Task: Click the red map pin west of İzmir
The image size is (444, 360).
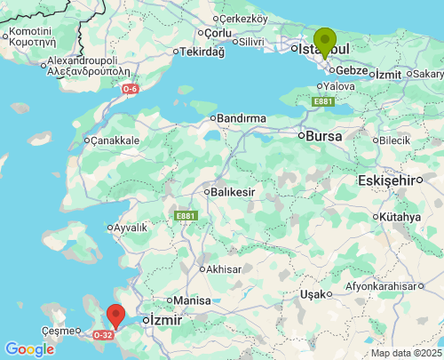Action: (x=115, y=315)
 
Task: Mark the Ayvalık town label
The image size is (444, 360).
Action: (x=131, y=228)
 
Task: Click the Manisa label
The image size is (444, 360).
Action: (x=192, y=300)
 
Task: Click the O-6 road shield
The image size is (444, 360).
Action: (x=131, y=89)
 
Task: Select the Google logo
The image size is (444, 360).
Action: (x=29, y=349)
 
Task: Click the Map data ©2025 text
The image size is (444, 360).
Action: (x=406, y=353)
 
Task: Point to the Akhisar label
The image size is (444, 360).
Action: (x=224, y=268)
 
